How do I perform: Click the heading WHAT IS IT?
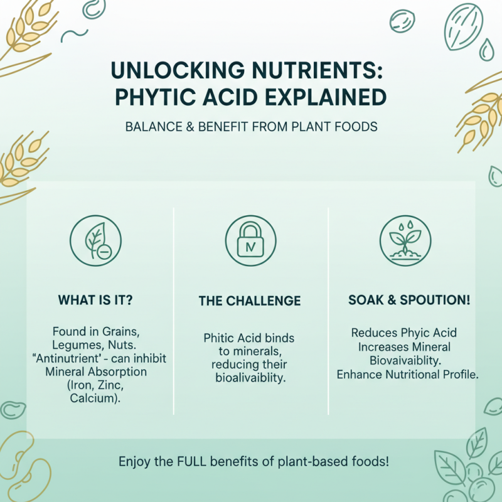point(95,301)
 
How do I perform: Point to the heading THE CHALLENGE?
point(250,301)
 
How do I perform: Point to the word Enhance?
point(359,374)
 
